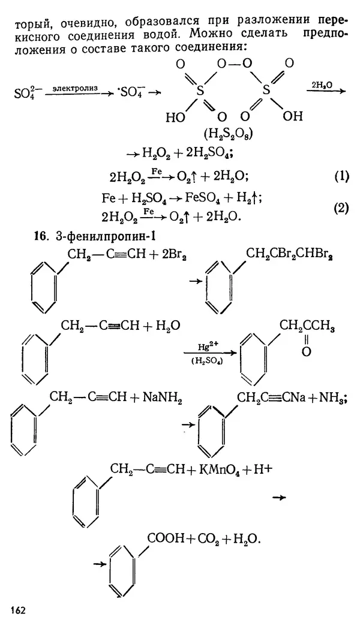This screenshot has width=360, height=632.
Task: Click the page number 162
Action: coord(18,610)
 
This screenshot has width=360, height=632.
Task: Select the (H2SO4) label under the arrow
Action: coord(206,362)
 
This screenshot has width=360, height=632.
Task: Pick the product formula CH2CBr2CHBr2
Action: coord(290,257)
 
